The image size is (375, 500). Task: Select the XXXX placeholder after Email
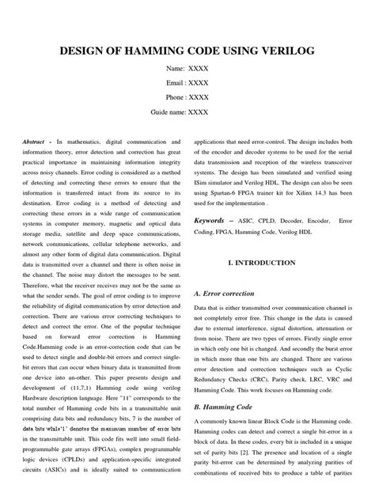(x=198, y=82)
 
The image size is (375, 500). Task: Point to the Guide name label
(x=163, y=112)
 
